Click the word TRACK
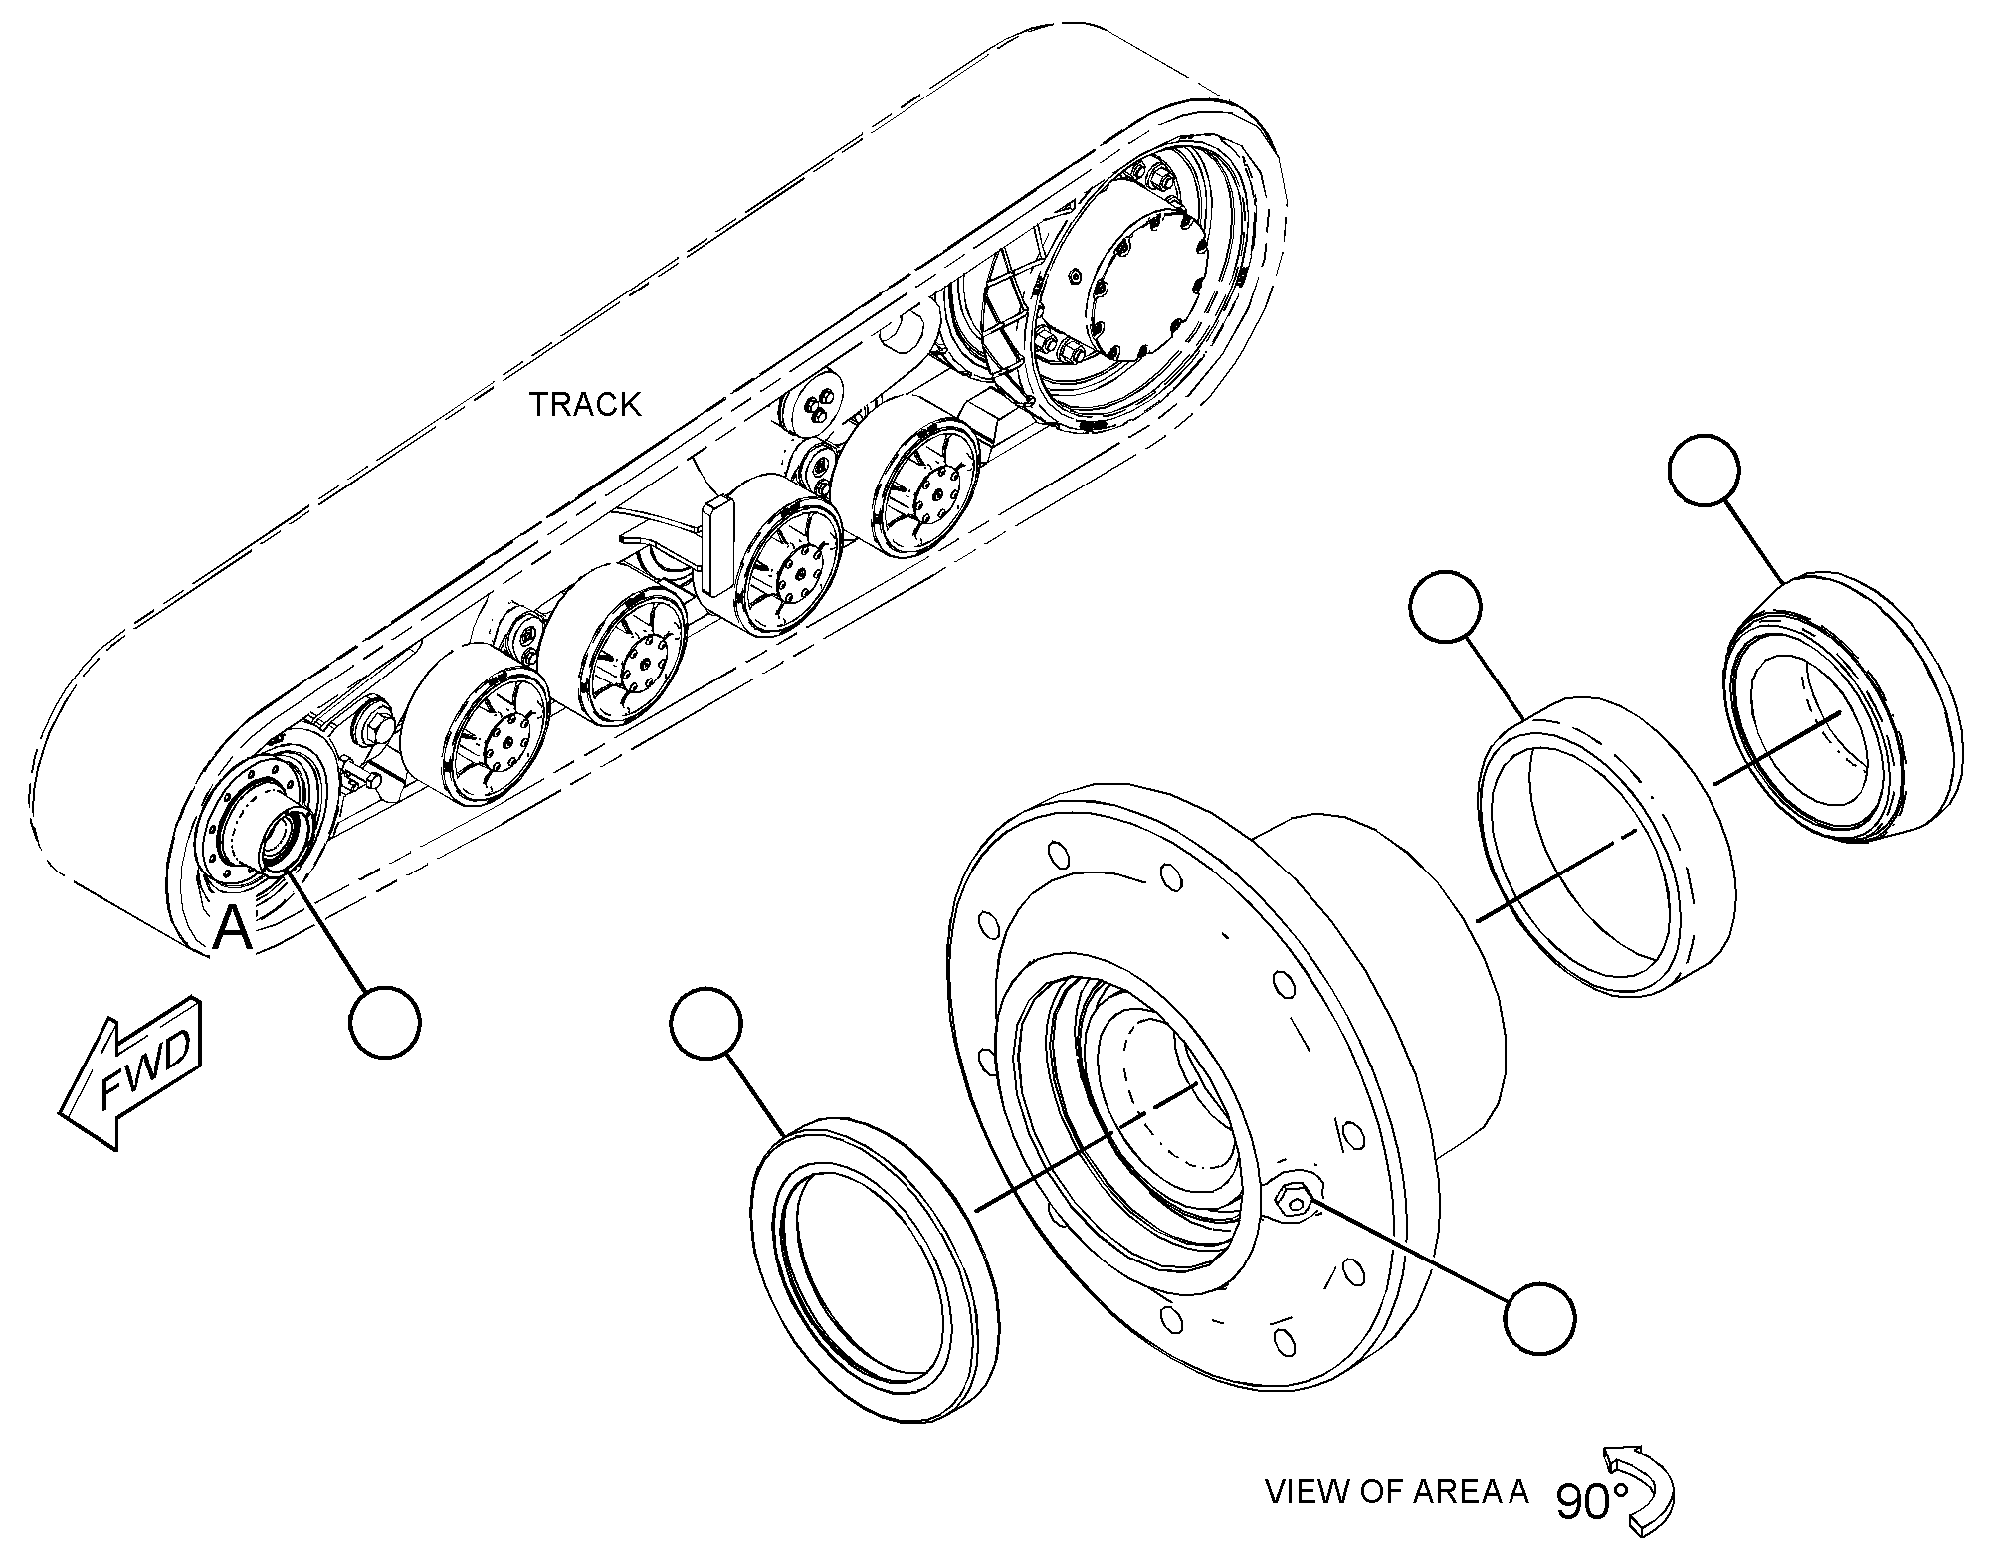coord(585,404)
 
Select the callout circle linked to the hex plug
coord(1540,1318)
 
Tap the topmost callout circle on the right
coord(1706,470)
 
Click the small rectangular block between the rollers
coord(718,547)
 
